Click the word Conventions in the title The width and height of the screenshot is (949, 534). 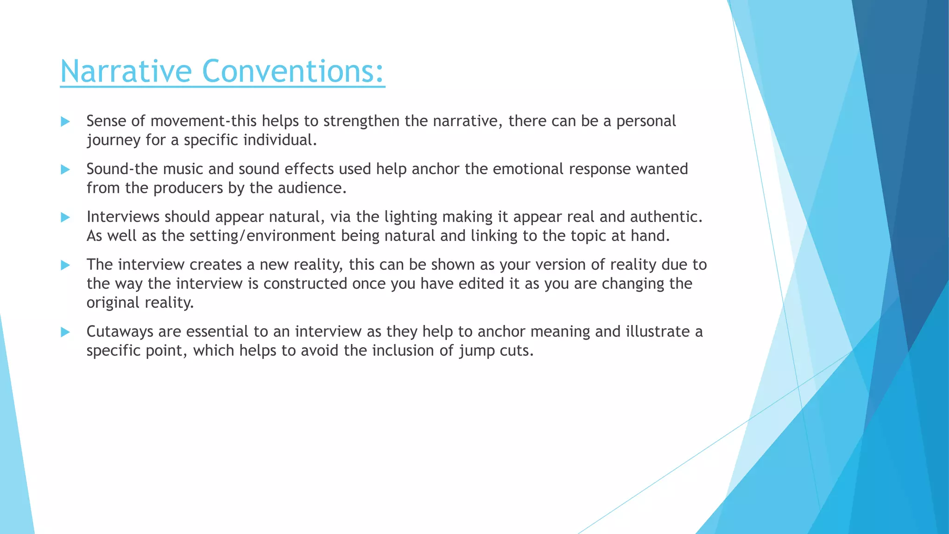click(x=290, y=71)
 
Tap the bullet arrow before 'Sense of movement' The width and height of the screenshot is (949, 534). click(x=65, y=122)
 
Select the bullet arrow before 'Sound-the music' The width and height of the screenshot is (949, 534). click(x=65, y=170)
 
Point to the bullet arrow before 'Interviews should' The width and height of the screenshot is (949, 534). click(x=65, y=217)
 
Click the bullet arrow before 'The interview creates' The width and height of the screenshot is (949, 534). click(x=65, y=265)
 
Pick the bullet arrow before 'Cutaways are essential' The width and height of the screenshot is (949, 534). click(x=65, y=332)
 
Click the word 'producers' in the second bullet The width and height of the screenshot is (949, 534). click(x=188, y=188)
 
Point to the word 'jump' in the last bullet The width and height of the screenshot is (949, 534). click(x=477, y=351)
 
